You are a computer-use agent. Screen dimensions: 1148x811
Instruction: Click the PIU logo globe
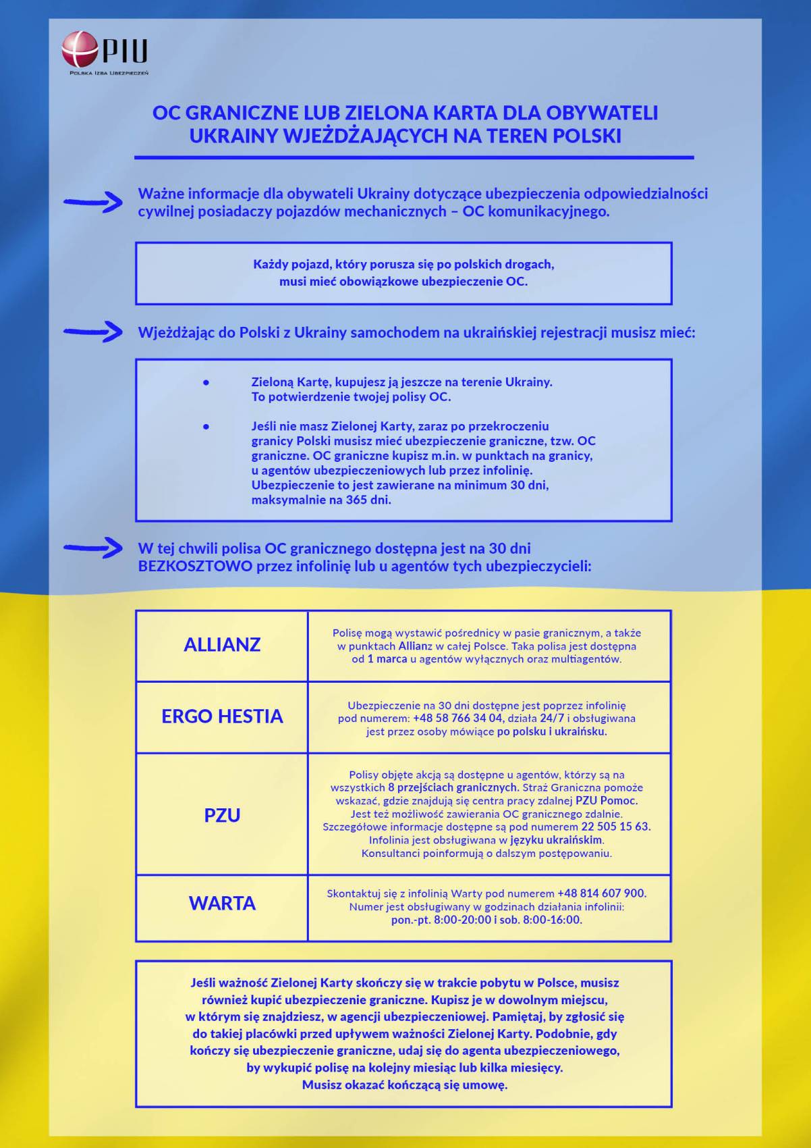coord(80,49)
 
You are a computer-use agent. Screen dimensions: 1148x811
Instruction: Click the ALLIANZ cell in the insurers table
coord(222,645)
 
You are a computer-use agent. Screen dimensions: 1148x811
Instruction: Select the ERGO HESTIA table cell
coord(222,716)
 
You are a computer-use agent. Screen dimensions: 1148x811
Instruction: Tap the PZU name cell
coord(222,815)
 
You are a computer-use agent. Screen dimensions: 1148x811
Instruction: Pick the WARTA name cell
coord(222,904)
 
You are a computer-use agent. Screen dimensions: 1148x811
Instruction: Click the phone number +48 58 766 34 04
coord(457,719)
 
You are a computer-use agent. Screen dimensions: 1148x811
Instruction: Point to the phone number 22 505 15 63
coord(615,827)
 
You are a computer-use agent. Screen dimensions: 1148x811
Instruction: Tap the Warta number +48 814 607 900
coord(601,893)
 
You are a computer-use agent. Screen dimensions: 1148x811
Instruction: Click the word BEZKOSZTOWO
coord(195,566)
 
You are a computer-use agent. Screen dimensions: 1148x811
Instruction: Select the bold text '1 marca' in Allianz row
coord(387,659)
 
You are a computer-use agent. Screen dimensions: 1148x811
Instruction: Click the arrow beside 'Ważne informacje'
coord(93,201)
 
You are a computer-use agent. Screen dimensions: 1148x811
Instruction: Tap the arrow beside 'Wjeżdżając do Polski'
coord(93,332)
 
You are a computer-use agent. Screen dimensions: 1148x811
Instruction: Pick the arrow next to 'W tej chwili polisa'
coord(93,548)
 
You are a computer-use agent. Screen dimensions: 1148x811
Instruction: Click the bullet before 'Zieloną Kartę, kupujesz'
coord(206,382)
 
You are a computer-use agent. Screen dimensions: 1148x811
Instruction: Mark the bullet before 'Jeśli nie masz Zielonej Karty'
coord(206,427)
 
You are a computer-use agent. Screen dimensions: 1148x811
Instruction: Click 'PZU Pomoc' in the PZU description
coord(606,801)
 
